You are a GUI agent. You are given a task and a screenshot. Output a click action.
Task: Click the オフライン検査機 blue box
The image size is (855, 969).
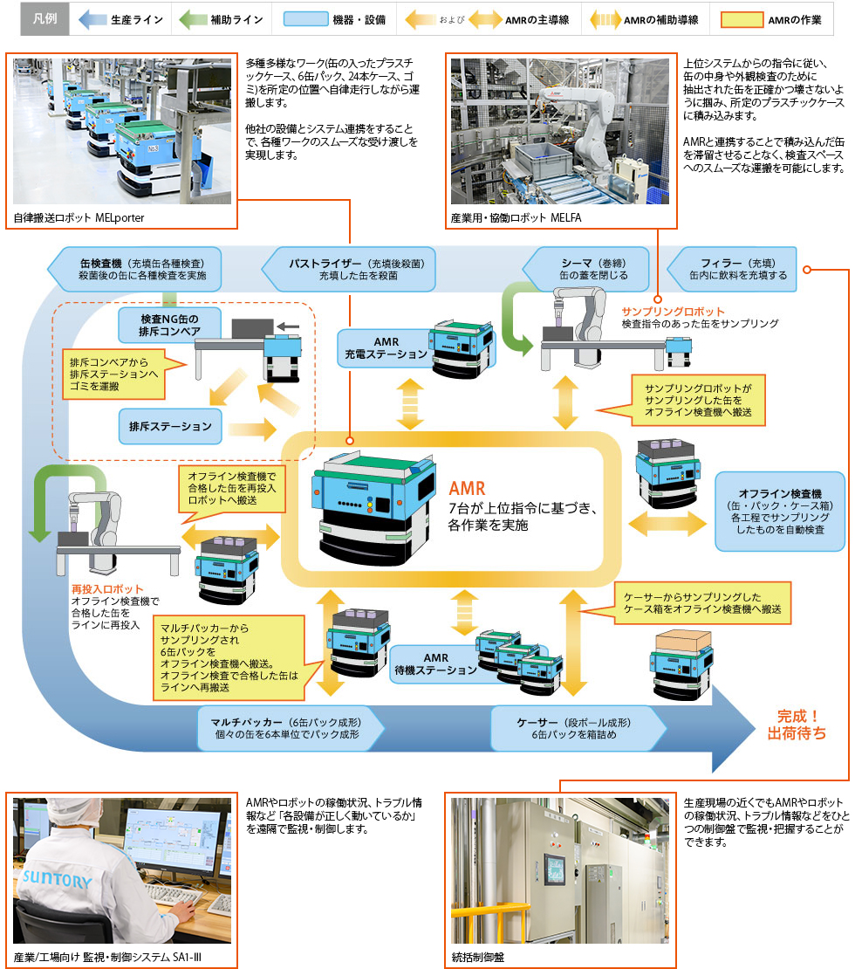(x=780, y=511)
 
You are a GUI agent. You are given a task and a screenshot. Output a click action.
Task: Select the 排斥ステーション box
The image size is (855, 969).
(x=170, y=427)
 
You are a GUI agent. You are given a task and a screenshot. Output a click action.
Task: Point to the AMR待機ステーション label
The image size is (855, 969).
(x=434, y=664)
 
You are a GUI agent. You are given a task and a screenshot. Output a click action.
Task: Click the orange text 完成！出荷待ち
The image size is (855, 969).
(x=796, y=725)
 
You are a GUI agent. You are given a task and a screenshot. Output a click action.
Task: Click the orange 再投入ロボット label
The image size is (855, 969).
(x=106, y=589)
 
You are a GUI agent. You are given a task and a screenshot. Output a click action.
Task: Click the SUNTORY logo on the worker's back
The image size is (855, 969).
(x=56, y=878)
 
